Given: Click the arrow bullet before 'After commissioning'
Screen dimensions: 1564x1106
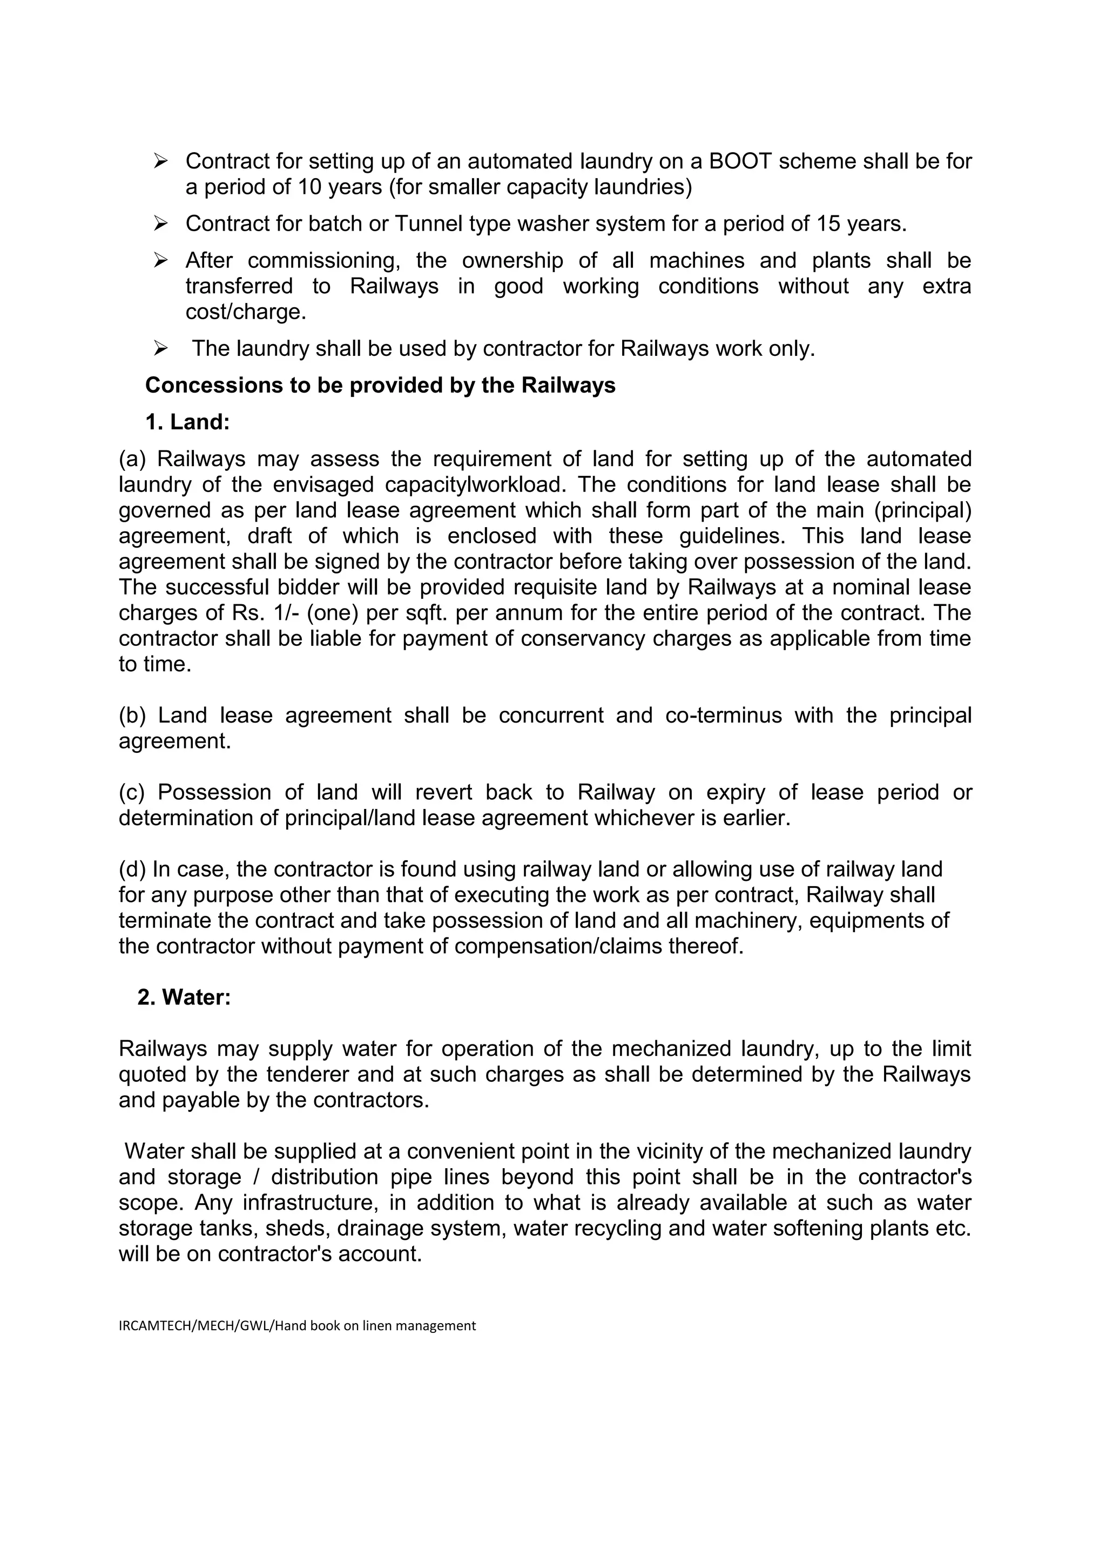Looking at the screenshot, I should [161, 260].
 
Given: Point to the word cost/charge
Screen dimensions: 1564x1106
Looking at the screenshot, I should [246, 312].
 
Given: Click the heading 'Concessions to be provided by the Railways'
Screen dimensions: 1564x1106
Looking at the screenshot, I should [380, 386].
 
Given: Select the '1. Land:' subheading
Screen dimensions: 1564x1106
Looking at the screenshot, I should [187, 422].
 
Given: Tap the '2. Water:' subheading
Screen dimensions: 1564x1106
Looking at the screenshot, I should [184, 997].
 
